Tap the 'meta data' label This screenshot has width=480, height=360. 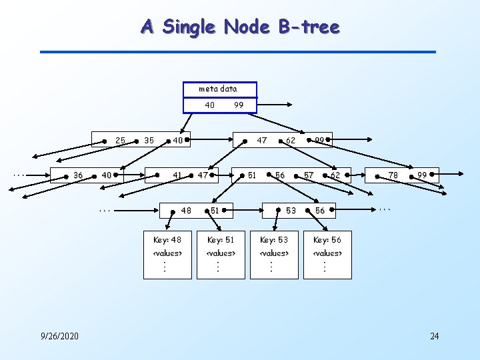coord(217,89)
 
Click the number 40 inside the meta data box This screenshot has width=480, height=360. coord(209,105)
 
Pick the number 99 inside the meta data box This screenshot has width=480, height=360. coord(239,105)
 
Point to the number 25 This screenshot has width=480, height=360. coord(121,141)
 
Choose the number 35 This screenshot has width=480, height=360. coord(149,141)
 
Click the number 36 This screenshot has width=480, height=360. coord(78,175)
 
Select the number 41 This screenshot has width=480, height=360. coord(177,175)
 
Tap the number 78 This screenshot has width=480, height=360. coord(393,175)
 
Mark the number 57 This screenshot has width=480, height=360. coord(309,175)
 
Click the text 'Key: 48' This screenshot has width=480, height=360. coord(167,240)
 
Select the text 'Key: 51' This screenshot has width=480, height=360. coord(221,240)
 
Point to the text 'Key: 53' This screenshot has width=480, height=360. coord(273,240)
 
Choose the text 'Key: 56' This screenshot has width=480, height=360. coord(327,240)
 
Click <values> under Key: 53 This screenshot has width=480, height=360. coord(273,253)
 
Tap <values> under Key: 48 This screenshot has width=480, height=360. coord(167,253)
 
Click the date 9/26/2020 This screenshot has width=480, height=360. coord(59,336)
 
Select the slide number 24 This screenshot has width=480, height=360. coord(434,336)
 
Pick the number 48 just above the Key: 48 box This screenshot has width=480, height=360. coord(186,211)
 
